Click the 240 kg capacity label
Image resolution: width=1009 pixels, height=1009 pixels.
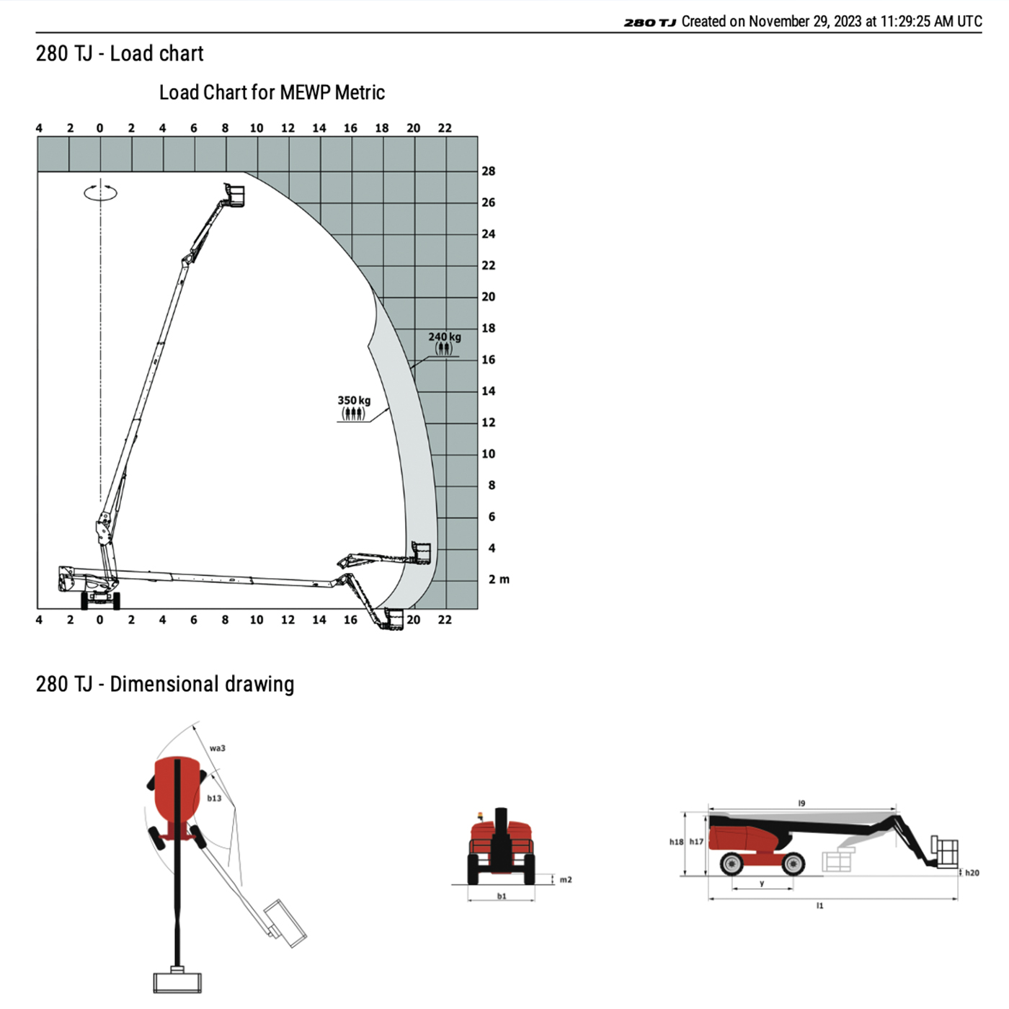coord(445,337)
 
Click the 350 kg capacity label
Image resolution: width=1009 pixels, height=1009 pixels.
coord(354,401)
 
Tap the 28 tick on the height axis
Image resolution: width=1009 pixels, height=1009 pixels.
coord(489,172)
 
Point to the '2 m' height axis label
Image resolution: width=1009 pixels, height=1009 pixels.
coord(499,579)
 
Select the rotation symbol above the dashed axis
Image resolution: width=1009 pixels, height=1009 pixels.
coord(100,192)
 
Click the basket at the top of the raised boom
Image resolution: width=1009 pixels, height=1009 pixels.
coord(235,195)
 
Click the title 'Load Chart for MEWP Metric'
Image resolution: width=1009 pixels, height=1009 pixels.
coord(272,93)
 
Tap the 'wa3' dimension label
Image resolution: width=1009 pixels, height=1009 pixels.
coord(218,747)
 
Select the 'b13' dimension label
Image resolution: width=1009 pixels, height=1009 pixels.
coord(214,798)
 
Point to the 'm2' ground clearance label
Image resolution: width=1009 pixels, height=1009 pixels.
coord(566,879)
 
